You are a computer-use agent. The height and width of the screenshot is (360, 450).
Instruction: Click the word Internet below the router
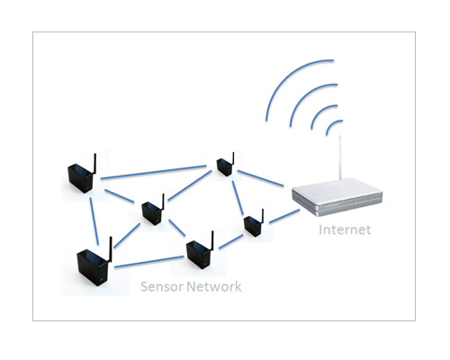(345, 229)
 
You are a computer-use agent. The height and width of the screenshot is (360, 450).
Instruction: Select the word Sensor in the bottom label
(162, 286)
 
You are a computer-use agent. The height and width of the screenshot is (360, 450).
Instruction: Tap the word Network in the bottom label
(214, 286)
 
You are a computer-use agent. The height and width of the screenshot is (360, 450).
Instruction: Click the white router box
(337, 197)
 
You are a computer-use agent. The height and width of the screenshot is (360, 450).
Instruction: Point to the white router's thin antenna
(340, 157)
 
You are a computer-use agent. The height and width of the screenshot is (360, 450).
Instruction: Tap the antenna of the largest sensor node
(110, 249)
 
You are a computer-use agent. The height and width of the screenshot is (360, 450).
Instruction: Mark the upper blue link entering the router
(260, 178)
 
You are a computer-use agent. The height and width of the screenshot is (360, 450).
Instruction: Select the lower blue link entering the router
(284, 216)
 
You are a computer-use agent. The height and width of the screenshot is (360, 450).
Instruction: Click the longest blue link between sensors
(153, 172)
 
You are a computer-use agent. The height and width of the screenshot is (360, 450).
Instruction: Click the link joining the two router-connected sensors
(238, 198)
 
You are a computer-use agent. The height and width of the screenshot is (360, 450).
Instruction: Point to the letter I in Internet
(320, 229)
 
